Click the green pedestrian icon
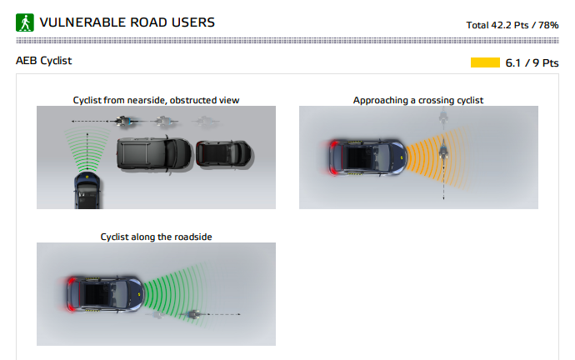[x=25, y=22]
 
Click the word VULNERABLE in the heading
[x=82, y=22]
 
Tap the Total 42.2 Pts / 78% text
[x=512, y=25]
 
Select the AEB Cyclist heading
[x=43, y=61]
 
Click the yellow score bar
[x=485, y=62]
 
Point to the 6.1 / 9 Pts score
[x=532, y=63]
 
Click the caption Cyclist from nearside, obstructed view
[x=156, y=100]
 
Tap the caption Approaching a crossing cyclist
[x=418, y=100]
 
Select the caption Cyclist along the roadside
[x=156, y=237]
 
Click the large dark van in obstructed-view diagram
[x=154, y=154]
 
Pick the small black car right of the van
[x=224, y=153]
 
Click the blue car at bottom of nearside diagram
[x=87, y=190]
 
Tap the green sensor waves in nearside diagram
[x=87, y=149]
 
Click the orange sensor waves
[x=437, y=157]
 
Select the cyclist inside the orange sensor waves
[x=443, y=151]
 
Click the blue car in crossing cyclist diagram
[x=367, y=157]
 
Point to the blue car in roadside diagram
[x=104, y=294]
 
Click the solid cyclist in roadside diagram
[x=192, y=314]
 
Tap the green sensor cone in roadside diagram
[x=174, y=293]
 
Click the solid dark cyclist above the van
[x=123, y=121]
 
